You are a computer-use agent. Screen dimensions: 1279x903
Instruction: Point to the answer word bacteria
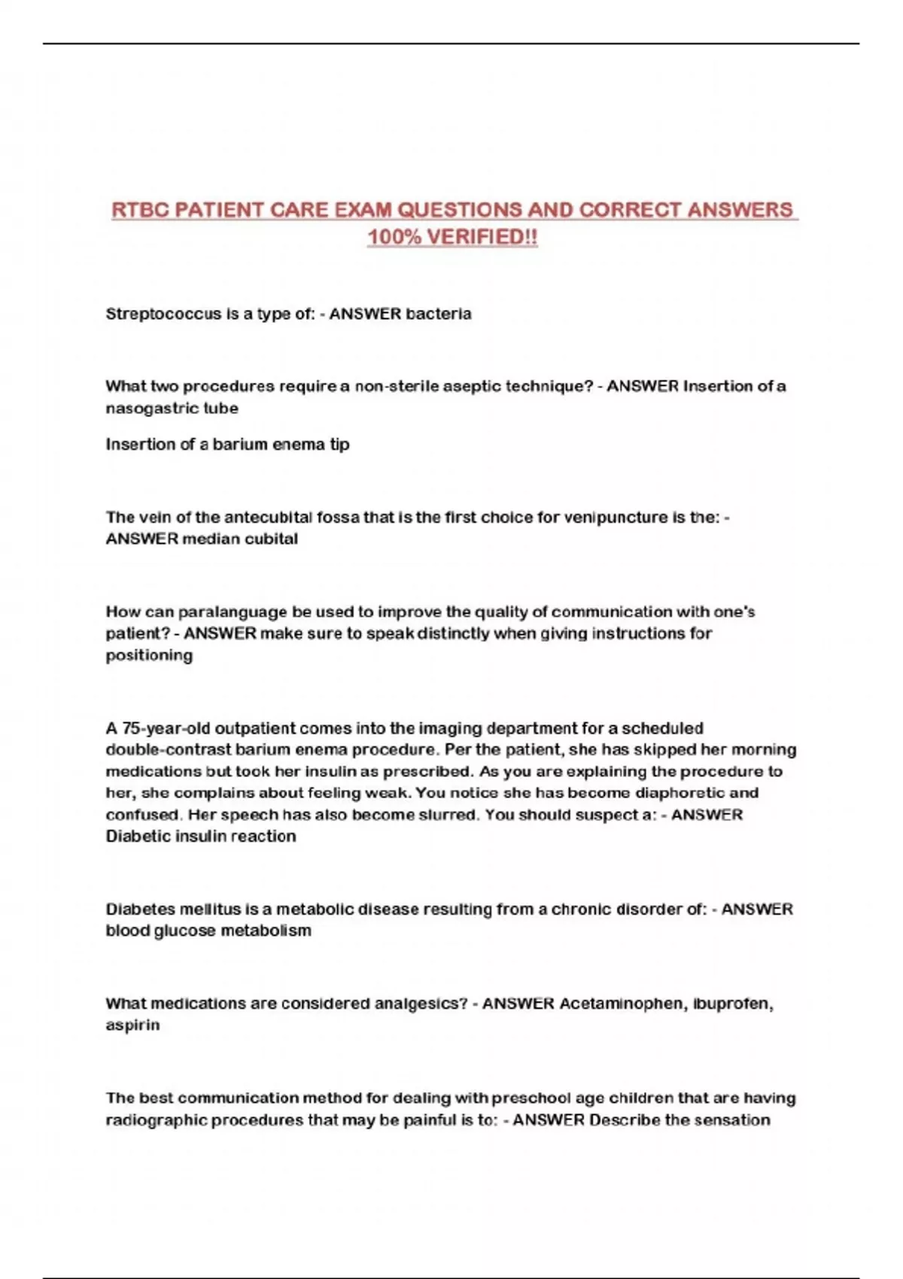439,314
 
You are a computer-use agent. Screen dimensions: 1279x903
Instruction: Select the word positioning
149,655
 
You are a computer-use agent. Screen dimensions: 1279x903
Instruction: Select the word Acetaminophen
619,1004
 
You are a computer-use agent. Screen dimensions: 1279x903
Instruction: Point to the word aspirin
132,1025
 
